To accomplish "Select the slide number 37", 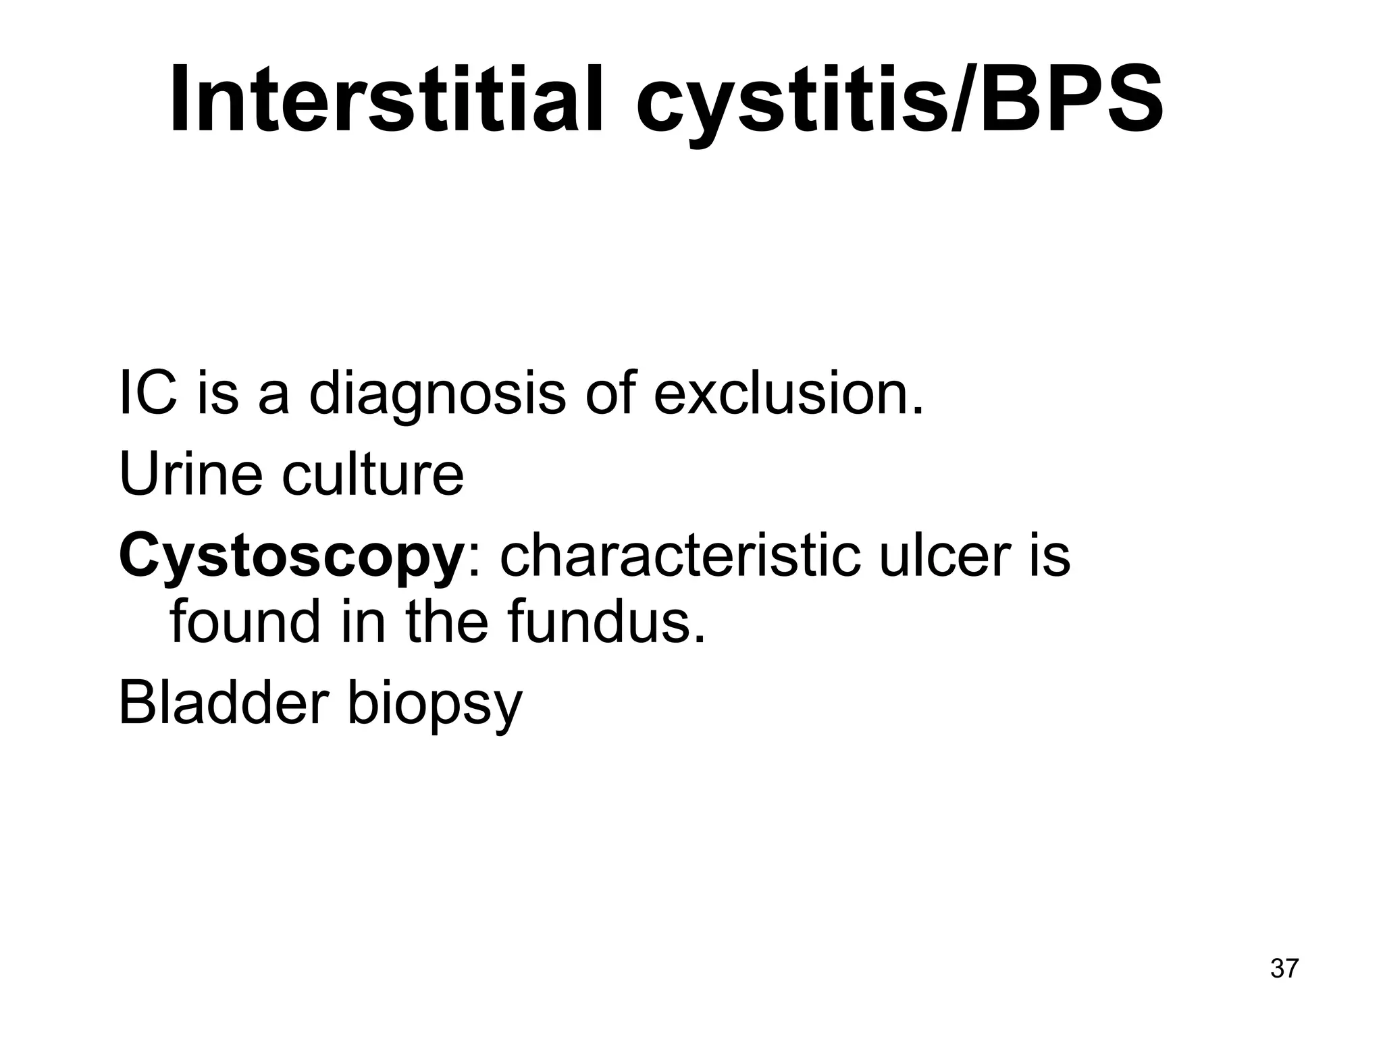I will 1284,968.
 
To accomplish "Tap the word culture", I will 373,474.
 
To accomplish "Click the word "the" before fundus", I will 446,622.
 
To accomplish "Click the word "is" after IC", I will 218,394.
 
